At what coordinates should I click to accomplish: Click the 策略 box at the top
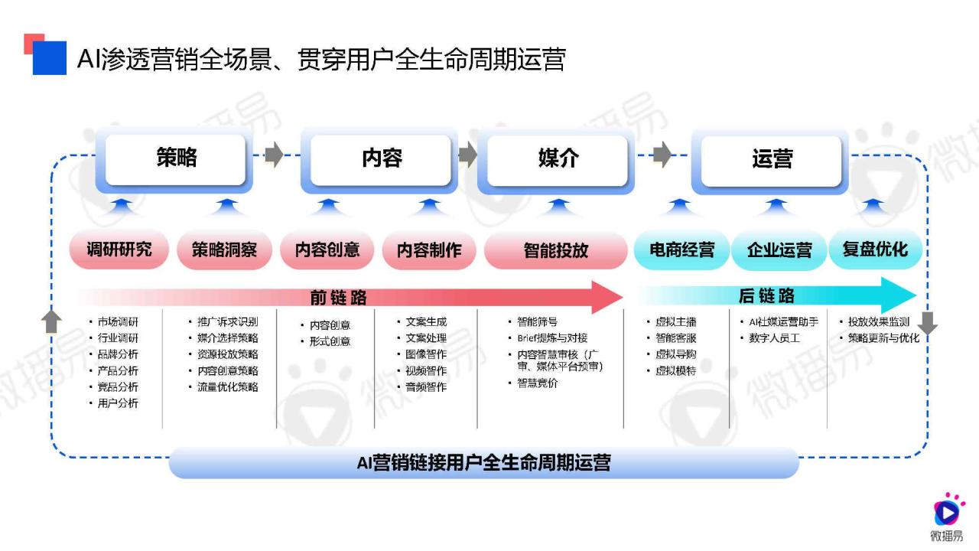pos(175,160)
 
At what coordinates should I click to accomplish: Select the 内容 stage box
pos(380,160)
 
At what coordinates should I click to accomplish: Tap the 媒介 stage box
pos(557,161)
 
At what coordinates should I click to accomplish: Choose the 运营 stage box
pos(770,161)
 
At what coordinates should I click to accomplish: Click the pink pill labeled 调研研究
pos(119,249)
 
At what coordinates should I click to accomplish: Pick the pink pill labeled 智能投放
pos(556,250)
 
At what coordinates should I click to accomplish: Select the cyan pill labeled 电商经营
pos(681,250)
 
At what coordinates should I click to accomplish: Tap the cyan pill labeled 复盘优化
pos(876,249)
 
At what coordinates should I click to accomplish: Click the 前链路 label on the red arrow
pos(338,298)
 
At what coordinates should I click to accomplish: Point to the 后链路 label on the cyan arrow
pos(766,295)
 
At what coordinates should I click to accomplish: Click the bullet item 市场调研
pos(118,322)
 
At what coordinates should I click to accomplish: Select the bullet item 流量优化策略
pos(227,386)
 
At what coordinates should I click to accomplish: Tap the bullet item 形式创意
pos(330,341)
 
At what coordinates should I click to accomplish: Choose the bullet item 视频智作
pos(426,370)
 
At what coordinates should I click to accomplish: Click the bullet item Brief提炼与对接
pos(552,338)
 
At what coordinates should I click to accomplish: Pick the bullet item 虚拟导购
pos(675,354)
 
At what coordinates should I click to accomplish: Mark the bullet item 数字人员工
pos(774,338)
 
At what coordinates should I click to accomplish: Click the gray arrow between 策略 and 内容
pos(275,155)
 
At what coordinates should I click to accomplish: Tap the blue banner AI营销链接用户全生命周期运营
pos(484,463)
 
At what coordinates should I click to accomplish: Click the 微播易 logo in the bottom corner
pos(947,517)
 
